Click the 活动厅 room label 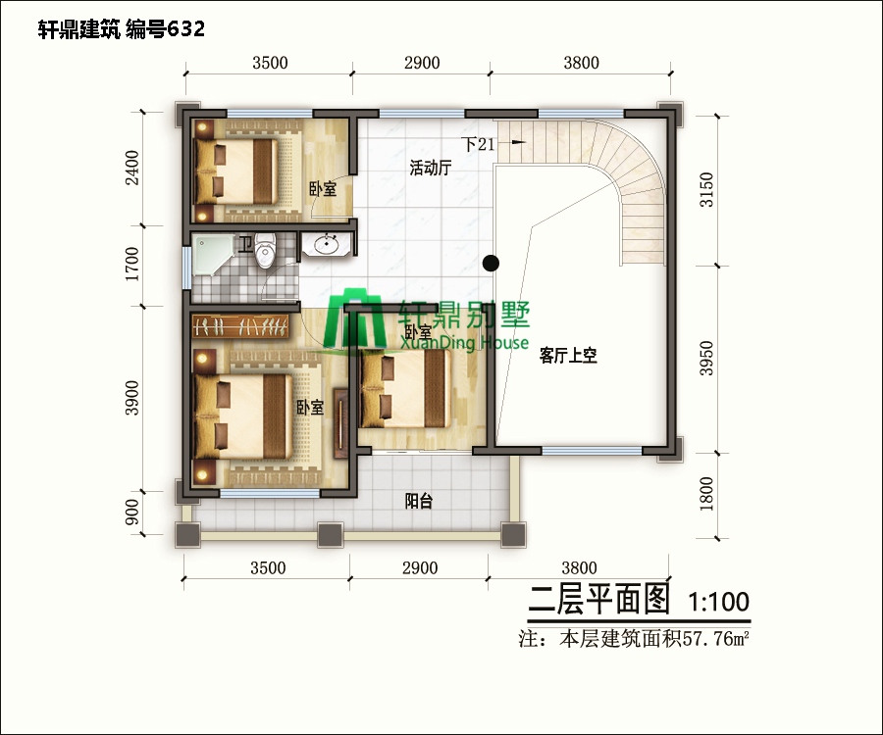[x=430, y=168]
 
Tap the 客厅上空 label [x=568, y=357]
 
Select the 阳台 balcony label [x=419, y=502]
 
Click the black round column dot [x=492, y=262]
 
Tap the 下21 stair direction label [x=480, y=144]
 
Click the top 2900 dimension [x=420, y=63]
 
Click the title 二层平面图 [x=599, y=599]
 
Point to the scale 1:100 [x=719, y=600]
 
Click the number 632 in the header [x=185, y=29]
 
